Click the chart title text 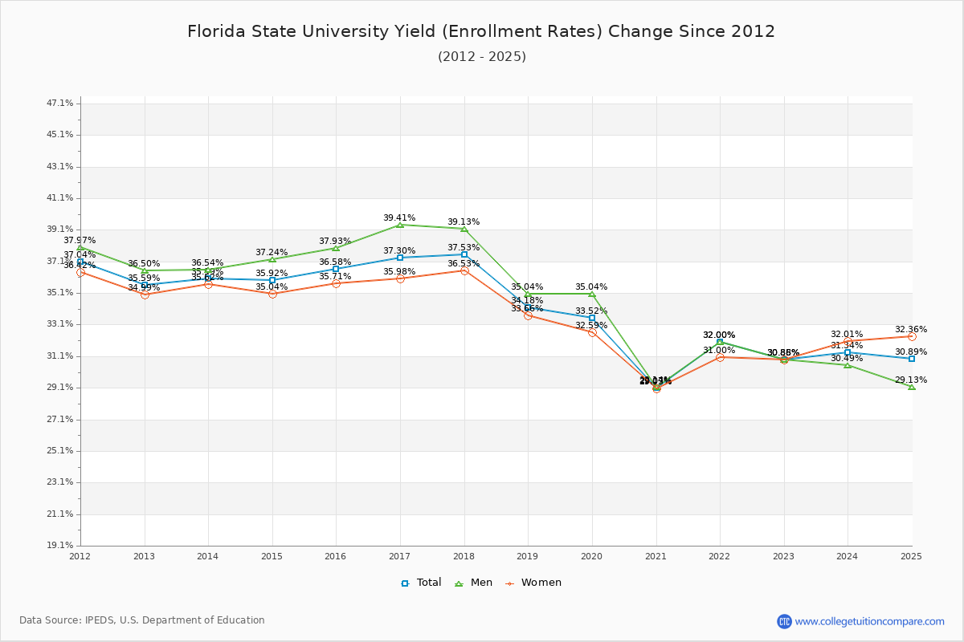coord(481,31)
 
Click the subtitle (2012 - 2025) coord(481,57)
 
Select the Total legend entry coord(421,583)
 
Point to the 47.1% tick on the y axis coord(59,104)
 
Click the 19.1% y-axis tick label coord(59,546)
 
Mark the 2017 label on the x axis coord(399,555)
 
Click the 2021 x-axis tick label coord(656,555)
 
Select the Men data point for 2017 coord(400,225)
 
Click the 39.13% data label coord(464,222)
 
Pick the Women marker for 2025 coord(912,336)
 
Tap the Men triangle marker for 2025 coord(912,387)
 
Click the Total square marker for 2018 coord(464,254)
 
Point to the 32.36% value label coord(910,330)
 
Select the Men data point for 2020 coord(592,294)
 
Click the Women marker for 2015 coord(272,294)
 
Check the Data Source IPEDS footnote coord(142,620)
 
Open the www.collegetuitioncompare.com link coord(869,621)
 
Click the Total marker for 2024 coord(848,352)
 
